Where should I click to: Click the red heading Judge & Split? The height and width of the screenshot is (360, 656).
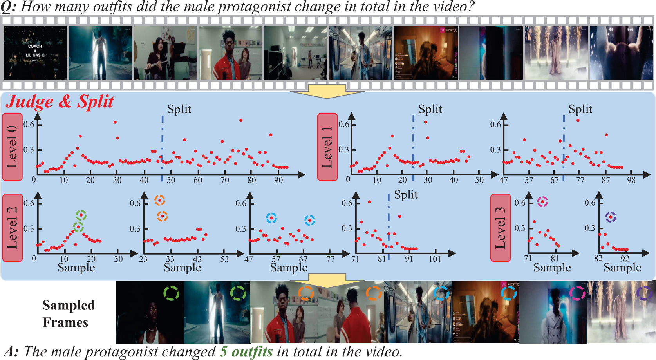point(60,102)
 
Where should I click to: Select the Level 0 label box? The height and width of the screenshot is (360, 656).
point(13,147)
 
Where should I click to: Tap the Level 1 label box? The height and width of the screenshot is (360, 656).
point(327,147)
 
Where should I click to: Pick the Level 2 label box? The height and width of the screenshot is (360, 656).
point(13,228)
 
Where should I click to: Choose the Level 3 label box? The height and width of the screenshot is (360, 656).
point(501,228)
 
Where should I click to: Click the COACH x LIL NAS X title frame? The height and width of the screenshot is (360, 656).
point(35,53)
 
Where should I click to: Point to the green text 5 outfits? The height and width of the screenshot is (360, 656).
point(246,351)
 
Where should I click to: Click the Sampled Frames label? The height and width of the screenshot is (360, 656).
point(69,313)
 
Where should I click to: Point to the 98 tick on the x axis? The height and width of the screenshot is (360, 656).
point(631,180)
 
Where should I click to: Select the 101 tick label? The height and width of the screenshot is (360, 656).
point(434,259)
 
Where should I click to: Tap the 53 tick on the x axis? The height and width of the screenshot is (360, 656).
point(224,259)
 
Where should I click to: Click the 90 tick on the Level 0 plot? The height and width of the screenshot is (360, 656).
point(278,180)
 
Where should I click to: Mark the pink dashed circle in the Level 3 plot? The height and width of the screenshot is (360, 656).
point(542,202)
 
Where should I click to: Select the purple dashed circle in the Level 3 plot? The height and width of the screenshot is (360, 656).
point(611,217)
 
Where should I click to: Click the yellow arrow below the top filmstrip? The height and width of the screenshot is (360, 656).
point(327,91)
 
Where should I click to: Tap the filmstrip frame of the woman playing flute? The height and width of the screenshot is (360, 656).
point(165,53)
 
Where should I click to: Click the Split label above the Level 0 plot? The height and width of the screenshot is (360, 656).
point(179,109)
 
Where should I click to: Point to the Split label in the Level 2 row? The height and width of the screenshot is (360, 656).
point(406,194)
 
